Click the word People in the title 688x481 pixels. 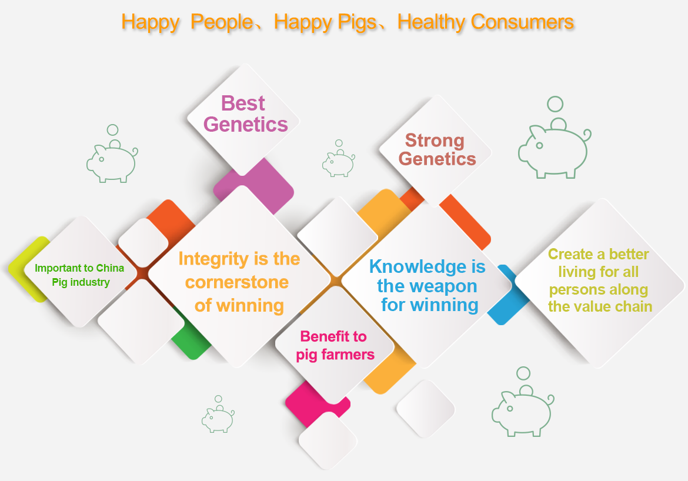coord(222,22)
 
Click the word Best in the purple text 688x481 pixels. coord(243,103)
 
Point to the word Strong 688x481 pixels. coord(435,141)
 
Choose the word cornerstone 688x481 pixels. coord(237,282)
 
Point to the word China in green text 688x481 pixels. coord(110,268)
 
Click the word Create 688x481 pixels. coord(570,254)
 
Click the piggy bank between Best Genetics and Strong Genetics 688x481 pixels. coord(338,158)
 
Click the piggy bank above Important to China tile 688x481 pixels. coord(112,153)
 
